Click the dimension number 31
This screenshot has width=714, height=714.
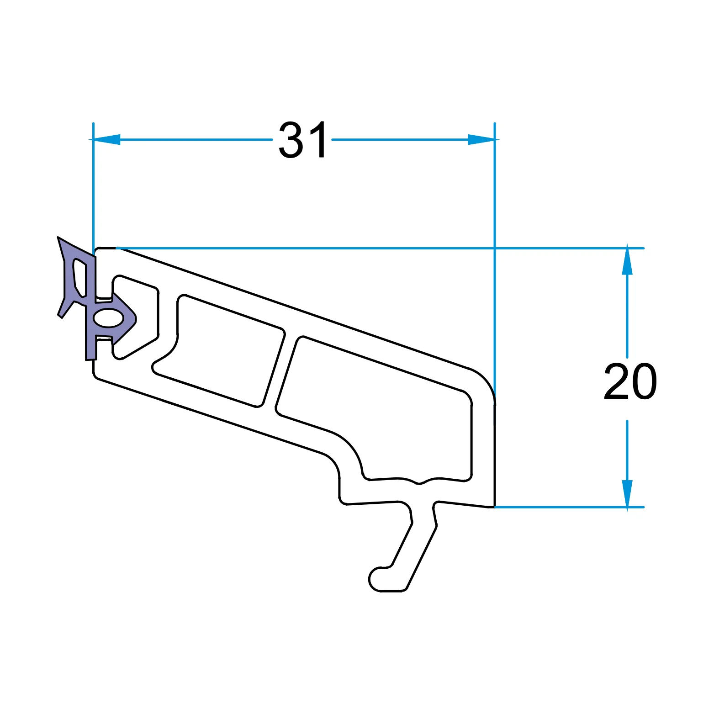pos(302,139)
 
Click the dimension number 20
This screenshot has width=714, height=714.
pos(631,381)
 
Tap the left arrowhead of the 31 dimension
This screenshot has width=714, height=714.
pos(105,139)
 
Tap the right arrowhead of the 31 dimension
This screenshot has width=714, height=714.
pos(483,139)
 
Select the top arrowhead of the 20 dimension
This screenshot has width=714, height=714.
pos(627,259)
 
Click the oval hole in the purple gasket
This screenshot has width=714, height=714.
pos(108,318)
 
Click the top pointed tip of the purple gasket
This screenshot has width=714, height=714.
pos(58,238)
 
